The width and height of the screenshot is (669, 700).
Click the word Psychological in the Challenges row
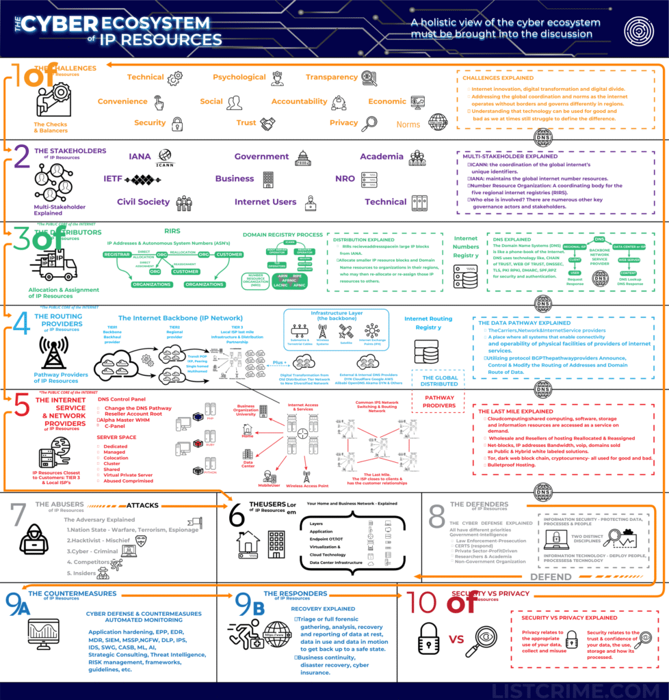pos(239,77)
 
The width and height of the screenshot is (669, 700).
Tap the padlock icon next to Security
pos(177,124)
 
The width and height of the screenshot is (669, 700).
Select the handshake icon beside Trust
pos(267,124)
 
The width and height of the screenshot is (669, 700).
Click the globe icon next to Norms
pos(438,122)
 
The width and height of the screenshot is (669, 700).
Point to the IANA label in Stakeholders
pos(140,157)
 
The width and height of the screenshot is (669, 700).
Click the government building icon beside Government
pos(302,158)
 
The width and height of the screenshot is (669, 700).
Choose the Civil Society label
pos(143,202)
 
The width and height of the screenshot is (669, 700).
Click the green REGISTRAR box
pos(117,254)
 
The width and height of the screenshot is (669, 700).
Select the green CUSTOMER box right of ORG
pos(228,254)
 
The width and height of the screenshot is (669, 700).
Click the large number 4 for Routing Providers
pos(21,323)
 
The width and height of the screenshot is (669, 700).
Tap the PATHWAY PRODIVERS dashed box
pos(439,401)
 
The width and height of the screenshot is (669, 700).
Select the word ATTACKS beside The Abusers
pos(143,505)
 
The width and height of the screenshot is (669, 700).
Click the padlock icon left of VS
pos(428,639)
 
